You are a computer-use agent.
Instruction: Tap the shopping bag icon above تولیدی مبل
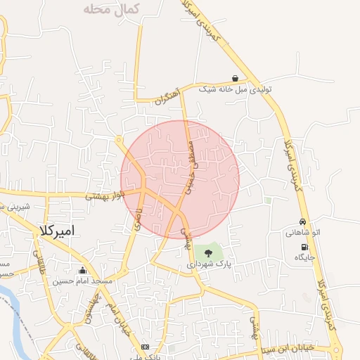pos(234,78)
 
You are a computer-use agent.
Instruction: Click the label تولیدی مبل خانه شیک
pos(235,89)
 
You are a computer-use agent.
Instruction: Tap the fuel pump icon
pos(304,247)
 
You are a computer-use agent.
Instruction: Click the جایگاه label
pos(304,257)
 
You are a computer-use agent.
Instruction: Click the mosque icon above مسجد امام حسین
pos(83,271)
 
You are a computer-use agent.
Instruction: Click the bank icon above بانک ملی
pos(146,347)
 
